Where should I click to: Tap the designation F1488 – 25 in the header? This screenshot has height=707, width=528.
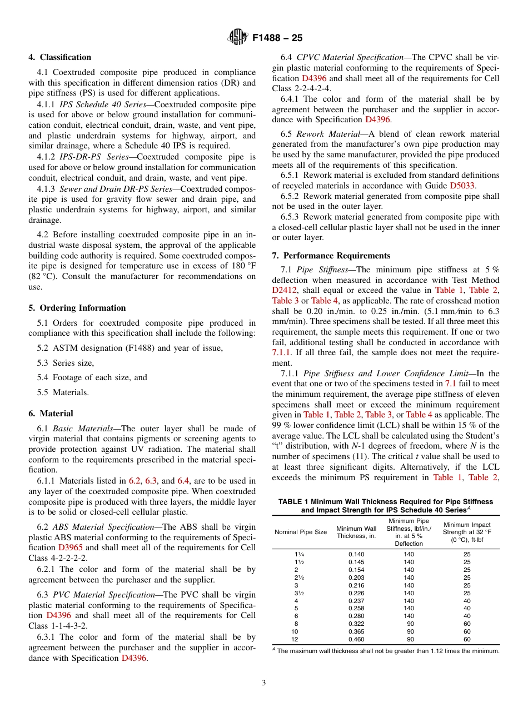pyautogui.click(x=277, y=38)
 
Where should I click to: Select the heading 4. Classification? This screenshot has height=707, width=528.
pyautogui.click(x=60, y=57)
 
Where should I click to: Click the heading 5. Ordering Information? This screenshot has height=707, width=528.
pyautogui.click(x=77, y=308)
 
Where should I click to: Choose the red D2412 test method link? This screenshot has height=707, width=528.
pyautogui.click(x=285, y=290)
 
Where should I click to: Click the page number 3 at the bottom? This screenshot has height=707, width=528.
pyautogui.click(x=264, y=683)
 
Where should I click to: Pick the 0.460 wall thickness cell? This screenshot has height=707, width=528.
pyautogui.click(x=356, y=639)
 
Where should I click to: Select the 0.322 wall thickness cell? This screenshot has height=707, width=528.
pyautogui.click(x=356, y=624)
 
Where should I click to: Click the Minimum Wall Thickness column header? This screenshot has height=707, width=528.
pyautogui.click(x=356, y=532)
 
